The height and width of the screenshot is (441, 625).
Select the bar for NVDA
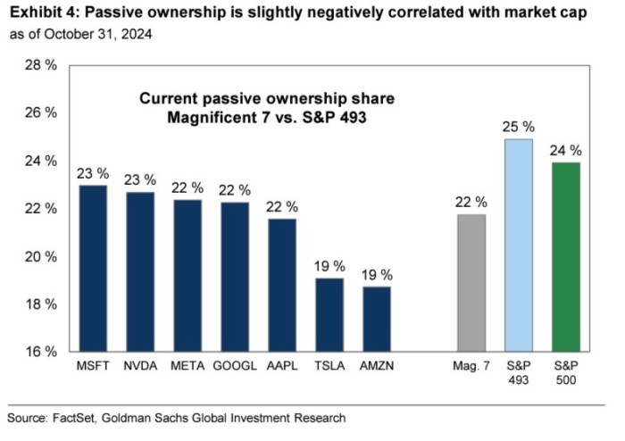[x=138, y=271]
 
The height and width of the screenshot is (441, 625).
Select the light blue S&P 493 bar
[x=519, y=245]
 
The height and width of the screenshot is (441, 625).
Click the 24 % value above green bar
[x=566, y=150]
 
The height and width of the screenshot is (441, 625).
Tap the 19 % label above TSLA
[x=329, y=265]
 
